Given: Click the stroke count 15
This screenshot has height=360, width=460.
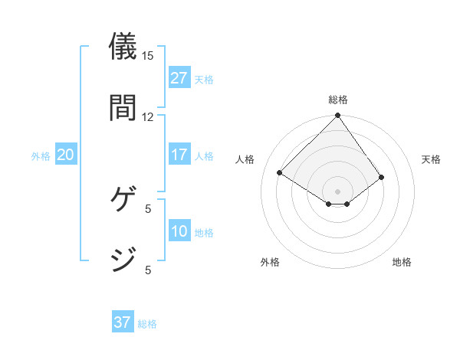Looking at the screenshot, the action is [x=148, y=55].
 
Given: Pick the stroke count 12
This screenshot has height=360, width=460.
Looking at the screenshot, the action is [x=148, y=116].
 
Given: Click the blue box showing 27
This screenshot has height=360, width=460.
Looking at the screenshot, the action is [x=179, y=78].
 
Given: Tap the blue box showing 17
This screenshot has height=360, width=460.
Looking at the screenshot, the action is [x=179, y=155].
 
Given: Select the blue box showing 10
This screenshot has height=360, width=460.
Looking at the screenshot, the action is [x=179, y=231].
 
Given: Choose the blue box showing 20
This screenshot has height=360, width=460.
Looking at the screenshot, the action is [x=66, y=155].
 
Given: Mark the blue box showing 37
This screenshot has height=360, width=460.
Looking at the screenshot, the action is [x=123, y=322].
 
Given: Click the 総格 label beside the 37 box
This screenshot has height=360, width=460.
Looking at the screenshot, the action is [x=147, y=324].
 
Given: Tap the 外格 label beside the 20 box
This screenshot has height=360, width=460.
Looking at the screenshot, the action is [x=41, y=156].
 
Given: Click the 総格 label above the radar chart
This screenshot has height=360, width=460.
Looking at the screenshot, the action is [x=338, y=100].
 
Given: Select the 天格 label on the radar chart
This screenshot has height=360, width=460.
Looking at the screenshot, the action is [x=432, y=159].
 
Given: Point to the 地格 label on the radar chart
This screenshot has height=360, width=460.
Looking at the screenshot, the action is [x=402, y=262].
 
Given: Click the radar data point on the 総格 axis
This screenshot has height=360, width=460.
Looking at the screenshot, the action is [x=338, y=116].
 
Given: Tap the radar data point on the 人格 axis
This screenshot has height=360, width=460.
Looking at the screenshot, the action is [x=280, y=173].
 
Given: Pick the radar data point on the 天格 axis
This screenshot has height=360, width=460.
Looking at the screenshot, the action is [x=381, y=178].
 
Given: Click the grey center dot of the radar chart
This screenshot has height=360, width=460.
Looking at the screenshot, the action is [x=338, y=191].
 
